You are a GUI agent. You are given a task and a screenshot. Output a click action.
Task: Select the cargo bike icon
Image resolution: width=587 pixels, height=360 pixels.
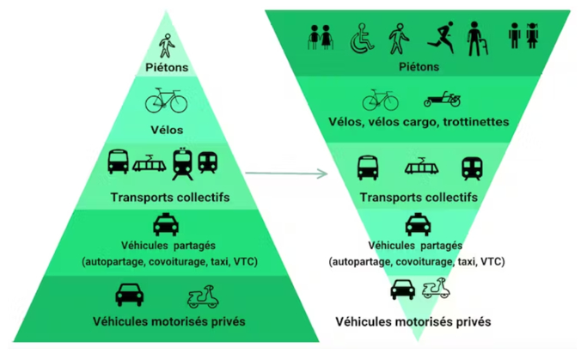443,100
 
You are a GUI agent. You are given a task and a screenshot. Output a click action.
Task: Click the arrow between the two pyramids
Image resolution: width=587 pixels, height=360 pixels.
287,174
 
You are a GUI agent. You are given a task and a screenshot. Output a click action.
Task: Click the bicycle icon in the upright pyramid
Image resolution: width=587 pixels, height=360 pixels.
166,101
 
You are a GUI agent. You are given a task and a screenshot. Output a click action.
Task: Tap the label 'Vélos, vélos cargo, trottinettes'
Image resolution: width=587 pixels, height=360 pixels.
418,122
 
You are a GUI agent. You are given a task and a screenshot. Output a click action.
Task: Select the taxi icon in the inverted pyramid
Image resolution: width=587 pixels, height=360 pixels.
418,224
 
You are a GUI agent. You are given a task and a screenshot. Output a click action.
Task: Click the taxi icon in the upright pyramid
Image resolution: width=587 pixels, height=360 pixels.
165,225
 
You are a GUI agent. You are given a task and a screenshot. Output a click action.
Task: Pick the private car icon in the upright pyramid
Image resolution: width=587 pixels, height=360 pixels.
130,295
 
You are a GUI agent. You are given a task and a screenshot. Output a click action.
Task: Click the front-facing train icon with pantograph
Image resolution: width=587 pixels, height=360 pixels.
183,162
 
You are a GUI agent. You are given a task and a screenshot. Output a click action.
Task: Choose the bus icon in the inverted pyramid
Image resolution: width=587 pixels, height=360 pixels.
369,167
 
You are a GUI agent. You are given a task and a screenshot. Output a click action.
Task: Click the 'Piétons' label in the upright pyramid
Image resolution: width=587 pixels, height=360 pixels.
167,67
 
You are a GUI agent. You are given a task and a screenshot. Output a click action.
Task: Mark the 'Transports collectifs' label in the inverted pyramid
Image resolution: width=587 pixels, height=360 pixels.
419,198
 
